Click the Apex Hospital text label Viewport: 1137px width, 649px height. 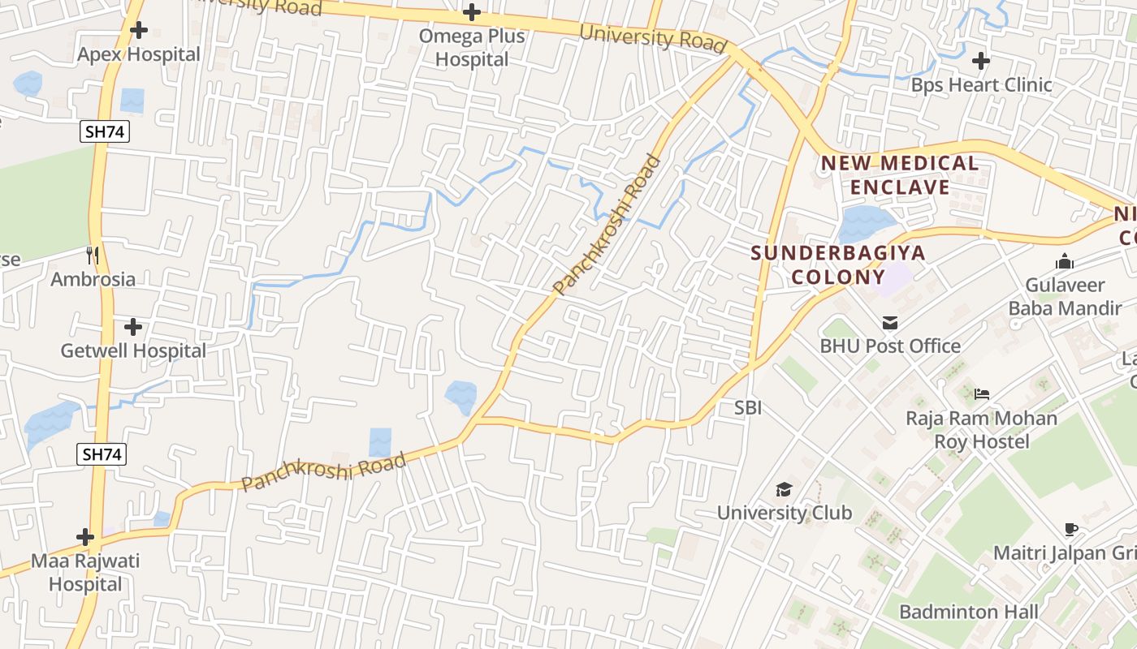tap(139, 54)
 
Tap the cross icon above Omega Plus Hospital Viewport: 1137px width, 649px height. tap(471, 12)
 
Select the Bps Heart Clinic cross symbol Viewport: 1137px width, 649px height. tap(981, 60)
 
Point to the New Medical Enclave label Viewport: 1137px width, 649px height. tap(900, 175)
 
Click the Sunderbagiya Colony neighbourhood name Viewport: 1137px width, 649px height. tap(838, 264)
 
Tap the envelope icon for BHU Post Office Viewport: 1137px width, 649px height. tap(890, 323)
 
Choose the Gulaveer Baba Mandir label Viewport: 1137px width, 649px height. tap(1066, 297)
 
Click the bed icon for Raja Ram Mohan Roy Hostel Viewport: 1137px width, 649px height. tap(981, 395)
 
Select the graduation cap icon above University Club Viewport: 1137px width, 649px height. tap(784, 489)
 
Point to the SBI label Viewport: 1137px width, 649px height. tap(748, 408)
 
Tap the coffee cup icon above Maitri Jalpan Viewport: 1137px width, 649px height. tap(1071, 530)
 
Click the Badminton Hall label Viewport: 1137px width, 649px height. tap(969, 612)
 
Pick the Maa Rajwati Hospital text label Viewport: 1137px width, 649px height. tap(85, 572)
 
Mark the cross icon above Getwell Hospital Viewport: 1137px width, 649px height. tap(133, 327)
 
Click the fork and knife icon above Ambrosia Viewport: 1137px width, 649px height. tap(93, 256)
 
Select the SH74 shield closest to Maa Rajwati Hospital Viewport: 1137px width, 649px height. tap(103, 454)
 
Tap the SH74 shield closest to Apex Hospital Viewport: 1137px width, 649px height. tap(106, 131)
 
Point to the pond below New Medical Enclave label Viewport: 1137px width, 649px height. tap(867, 221)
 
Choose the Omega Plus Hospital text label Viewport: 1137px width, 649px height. tap(472, 48)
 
